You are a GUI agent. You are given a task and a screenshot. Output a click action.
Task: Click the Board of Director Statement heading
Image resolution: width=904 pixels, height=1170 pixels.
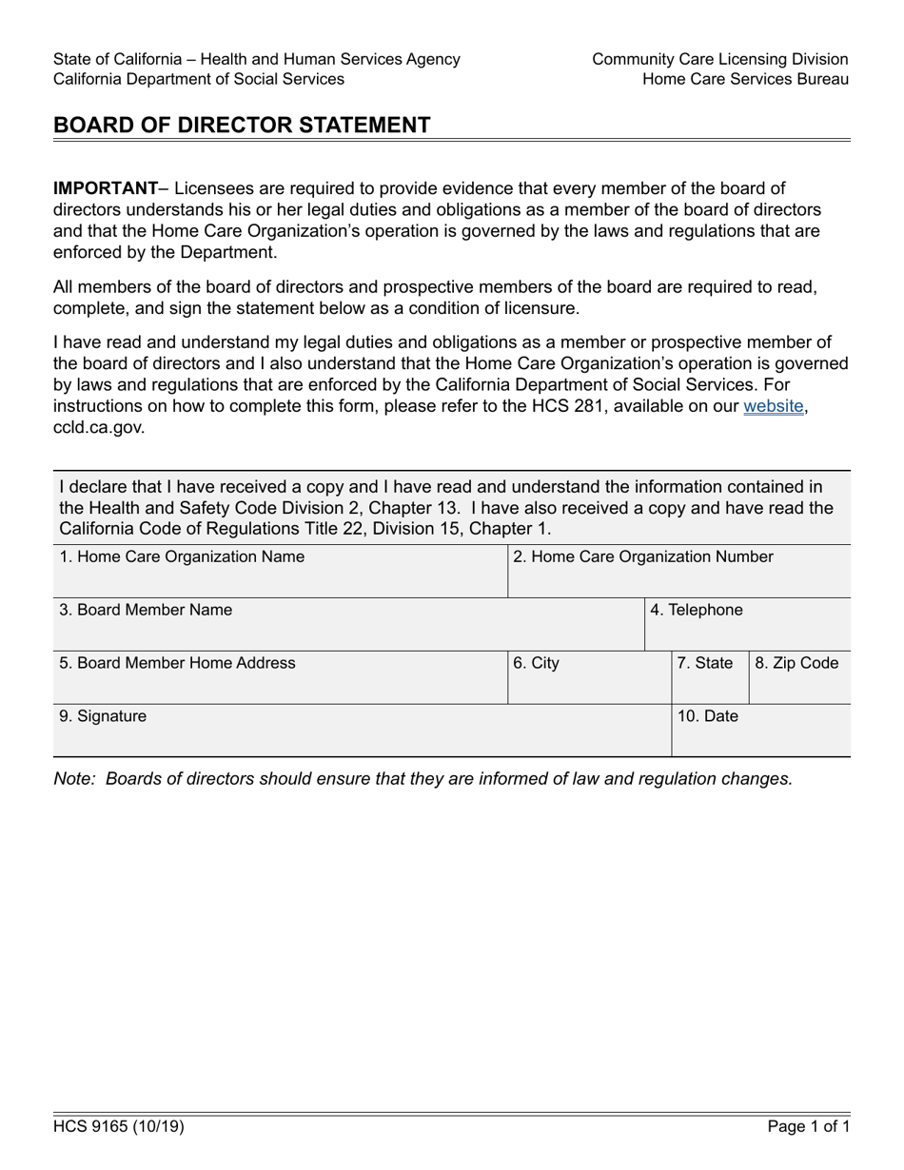coord(242,125)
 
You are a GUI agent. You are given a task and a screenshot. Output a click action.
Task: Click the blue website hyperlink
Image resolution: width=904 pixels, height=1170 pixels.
coord(775,407)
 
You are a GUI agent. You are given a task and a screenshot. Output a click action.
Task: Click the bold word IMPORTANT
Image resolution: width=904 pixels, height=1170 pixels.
coord(105,188)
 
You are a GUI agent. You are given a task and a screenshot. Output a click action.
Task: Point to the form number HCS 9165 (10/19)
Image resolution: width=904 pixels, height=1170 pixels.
coord(119,1127)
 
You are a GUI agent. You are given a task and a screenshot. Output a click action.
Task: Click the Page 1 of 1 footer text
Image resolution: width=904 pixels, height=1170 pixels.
coord(809,1127)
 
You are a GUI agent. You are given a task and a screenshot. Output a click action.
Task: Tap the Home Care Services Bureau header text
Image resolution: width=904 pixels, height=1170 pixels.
coord(745,79)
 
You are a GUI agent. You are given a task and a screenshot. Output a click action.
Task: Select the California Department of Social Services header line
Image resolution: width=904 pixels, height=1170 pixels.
coord(199,79)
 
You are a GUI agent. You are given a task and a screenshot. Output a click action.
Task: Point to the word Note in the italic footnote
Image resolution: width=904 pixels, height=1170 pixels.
coord(74,778)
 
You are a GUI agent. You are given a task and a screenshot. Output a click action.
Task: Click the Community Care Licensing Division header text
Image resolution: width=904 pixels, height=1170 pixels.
coord(719,59)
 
